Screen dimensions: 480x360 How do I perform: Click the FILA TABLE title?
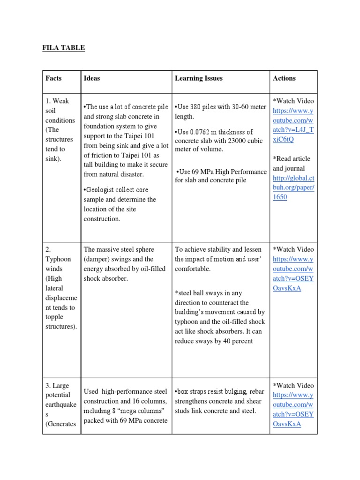(63, 47)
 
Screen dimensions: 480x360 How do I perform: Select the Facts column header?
(53, 78)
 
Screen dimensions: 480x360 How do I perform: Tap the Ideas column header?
(91, 78)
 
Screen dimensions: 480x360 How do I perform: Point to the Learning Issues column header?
(199, 78)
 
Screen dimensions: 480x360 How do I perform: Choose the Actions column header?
(284, 78)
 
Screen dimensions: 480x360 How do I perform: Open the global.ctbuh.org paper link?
(293, 187)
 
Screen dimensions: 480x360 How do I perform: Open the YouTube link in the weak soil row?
(293, 120)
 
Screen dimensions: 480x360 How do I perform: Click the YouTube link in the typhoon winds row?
(293, 269)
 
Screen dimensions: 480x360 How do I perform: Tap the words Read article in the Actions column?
(290, 159)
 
